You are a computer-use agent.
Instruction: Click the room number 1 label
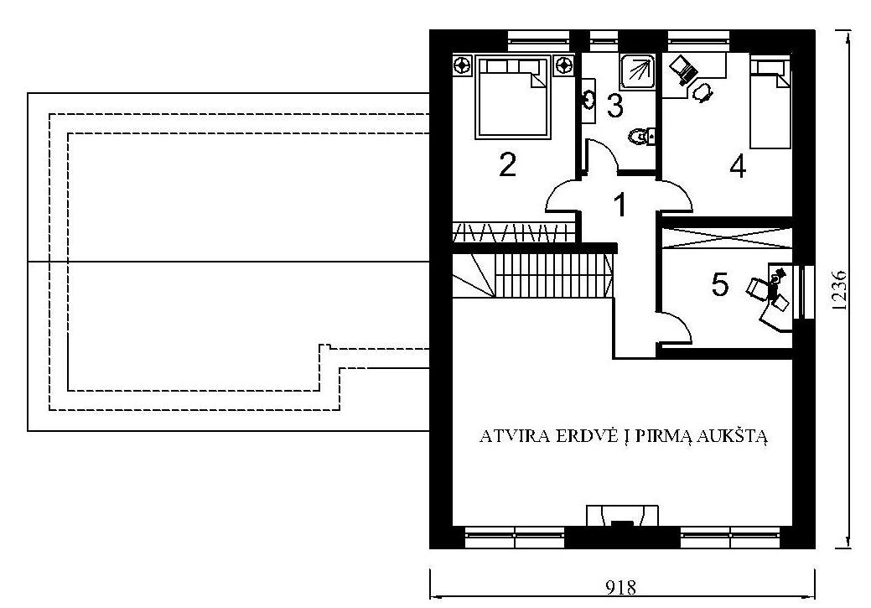pyautogui.click(x=620, y=205)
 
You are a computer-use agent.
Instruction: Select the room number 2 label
pyautogui.click(x=508, y=164)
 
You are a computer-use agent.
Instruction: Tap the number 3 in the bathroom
pyautogui.click(x=615, y=106)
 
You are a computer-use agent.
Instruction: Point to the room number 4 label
pyautogui.click(x=738, y=166)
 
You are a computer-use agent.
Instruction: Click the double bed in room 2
pyautogui.click(x=513, y=96)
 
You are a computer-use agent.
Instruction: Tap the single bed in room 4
pyautogui.click(x=770, y=103)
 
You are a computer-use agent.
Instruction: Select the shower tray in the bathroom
pyautogui.click(x=639, y=71)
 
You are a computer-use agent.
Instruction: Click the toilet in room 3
pyautogui.click(x=642, y=136)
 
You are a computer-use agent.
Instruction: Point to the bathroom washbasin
pyautogui.click(x=588, y=100)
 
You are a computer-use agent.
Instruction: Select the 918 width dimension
pyautogui.click(x=620, y=587)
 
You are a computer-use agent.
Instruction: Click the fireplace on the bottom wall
pyautogui.click(x=623, y=516)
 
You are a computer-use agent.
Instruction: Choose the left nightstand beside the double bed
pyautogui.click(x=463, y=65)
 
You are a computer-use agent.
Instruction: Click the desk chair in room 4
pyautogui.click(x=703, y=92)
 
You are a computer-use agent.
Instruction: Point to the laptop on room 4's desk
pyautogui.click(x=683, y=70)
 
